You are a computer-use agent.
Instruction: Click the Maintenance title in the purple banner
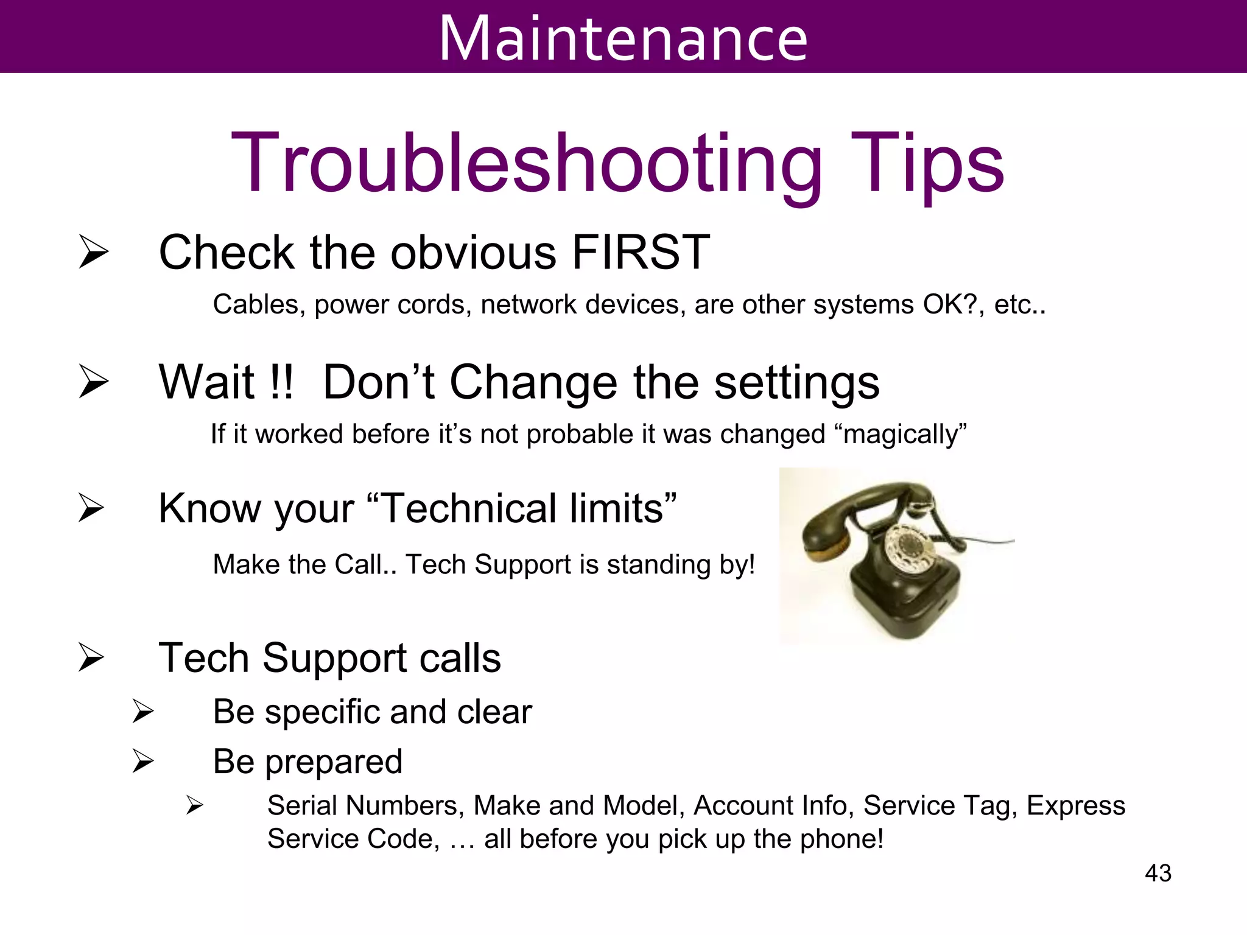click(x=623, y=38)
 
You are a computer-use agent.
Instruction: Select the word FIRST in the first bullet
click(x=641, y=252)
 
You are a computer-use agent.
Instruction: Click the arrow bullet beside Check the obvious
click(x=93, y=253)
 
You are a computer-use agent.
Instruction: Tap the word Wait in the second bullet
click(x=206, y=382)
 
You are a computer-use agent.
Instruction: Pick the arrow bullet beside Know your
click(x=91, y=508)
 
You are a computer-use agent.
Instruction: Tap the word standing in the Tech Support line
click(x=659, y=565)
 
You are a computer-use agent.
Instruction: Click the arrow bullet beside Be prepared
click(x=142, y=761)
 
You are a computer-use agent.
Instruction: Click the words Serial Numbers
click(x=362, y=805)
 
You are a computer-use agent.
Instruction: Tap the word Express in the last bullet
click(x=1075, y=805)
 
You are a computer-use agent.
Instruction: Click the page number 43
click(x=1157, y=873)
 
